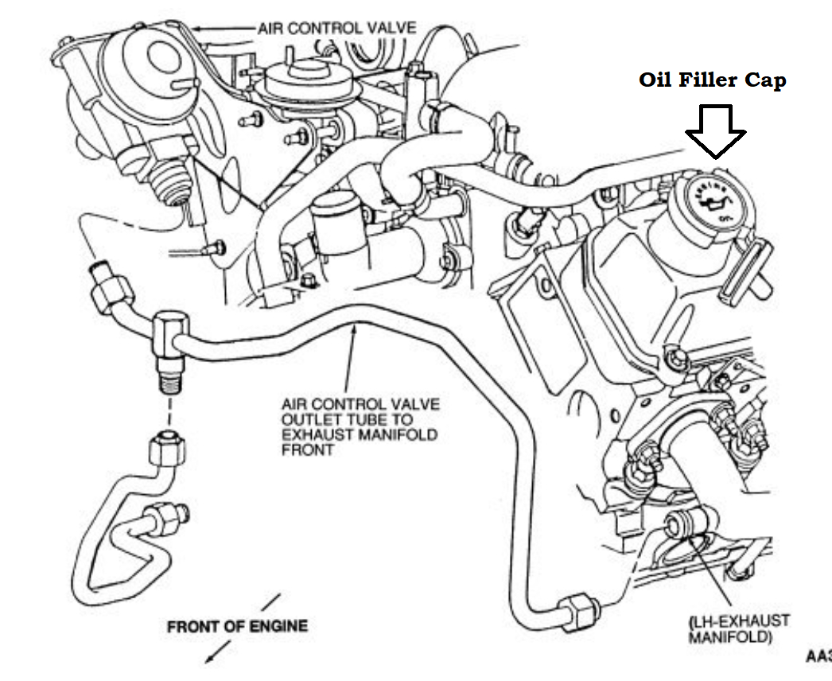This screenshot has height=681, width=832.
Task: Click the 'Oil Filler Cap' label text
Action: (712, 80)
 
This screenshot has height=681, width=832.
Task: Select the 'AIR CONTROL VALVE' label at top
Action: (336, 28)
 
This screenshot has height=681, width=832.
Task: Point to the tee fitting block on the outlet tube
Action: (167, 334)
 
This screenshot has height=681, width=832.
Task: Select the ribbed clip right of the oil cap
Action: (745, 270)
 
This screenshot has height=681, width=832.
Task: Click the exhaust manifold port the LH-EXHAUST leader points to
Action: (682, 525)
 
